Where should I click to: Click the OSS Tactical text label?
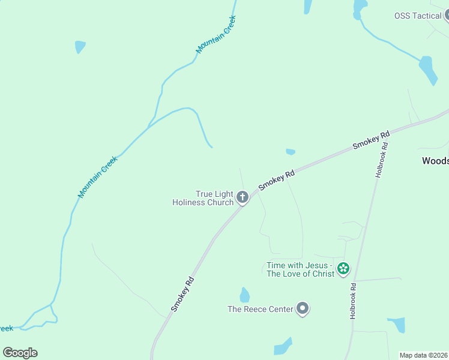tap(418, 16)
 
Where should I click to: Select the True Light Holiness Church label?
tap(203, 198)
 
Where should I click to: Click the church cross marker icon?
tap(243, 197)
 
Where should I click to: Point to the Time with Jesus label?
tap(298, 269)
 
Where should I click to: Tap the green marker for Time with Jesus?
tap(343, 268)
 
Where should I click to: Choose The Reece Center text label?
tap(260, 310)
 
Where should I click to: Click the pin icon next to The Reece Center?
tap(303, 309)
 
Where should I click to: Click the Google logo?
tap(20, 352)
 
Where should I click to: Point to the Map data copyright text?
tap(423, 355)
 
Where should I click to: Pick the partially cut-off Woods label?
tap(435, 161)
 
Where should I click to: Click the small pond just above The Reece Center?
tap(244, 295)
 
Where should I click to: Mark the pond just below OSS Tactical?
tap(428, 70)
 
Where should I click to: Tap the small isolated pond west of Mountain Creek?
tap(80, 47)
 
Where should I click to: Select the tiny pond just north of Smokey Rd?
tap(291, 152)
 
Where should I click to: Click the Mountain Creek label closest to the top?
tap(216, 35)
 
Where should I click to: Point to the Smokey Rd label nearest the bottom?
tap(182, 293)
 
